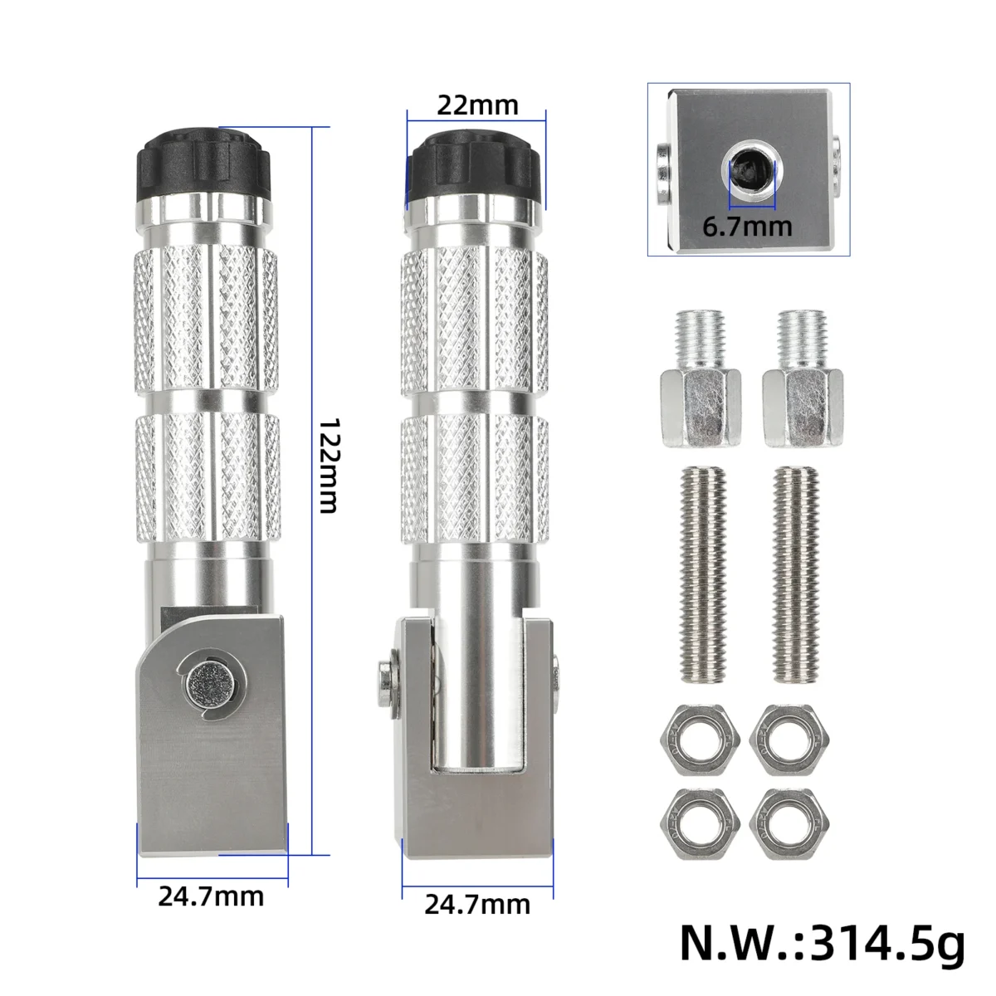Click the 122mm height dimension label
[x=328, y=466]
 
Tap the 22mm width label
[x=477, y=105]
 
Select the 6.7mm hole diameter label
[x=747, y=227]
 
